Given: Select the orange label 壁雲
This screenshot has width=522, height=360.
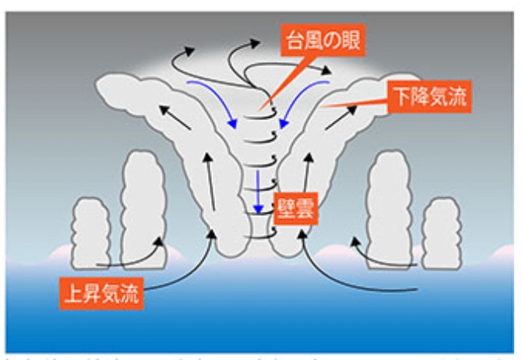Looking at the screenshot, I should [295, 209].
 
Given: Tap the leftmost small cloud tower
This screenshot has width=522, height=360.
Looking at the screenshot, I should [90, 231].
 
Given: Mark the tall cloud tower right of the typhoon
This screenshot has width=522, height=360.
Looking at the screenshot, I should [390, 206].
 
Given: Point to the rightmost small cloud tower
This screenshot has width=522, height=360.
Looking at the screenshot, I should [442, 231].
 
